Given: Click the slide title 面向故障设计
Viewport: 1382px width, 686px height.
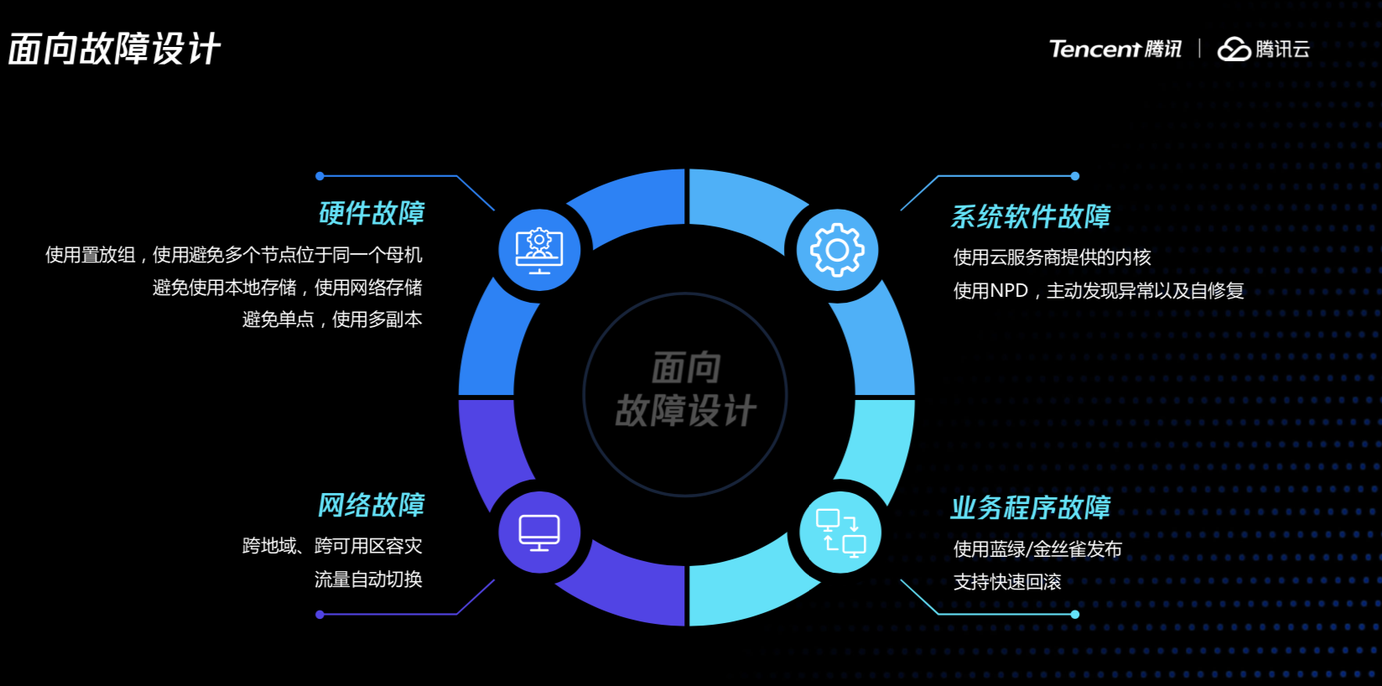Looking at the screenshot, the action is coord(114,49).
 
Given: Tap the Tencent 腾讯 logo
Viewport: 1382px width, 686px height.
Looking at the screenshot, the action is coord(1114,49).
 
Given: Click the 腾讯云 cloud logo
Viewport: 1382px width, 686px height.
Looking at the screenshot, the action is coord(1263,49).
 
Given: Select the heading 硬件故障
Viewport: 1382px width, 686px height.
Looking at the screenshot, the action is coord(371,213).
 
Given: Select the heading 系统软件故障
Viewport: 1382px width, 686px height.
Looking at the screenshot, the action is coord(1030,216).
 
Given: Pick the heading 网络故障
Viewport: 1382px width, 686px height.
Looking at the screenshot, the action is coord(371,505).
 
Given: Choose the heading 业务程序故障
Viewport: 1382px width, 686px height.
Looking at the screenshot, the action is coord(1030,507).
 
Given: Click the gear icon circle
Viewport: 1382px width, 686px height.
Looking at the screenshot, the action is coord(836,250).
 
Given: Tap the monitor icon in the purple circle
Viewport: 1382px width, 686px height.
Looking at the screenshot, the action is coord(539,532).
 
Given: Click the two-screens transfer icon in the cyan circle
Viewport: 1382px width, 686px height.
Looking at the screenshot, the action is coord(840,533).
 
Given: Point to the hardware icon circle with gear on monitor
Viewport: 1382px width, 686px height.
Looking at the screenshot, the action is coord(539,250).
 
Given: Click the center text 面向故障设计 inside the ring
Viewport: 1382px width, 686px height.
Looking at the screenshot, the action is coord(686,390).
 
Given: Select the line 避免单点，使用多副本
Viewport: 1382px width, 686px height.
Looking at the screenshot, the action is coord(332,320).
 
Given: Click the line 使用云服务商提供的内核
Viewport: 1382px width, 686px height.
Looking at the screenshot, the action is coord(1052,257).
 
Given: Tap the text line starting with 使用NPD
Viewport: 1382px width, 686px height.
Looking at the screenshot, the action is coord(1098,291).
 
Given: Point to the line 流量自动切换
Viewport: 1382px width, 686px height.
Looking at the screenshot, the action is coord(368,579).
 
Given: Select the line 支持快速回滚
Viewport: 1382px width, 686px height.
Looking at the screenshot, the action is coord(1007,582).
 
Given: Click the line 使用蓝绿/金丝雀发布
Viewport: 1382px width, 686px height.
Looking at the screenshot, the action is coord(1037,549).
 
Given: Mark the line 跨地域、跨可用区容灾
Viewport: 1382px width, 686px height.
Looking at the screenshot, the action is coord(332,546).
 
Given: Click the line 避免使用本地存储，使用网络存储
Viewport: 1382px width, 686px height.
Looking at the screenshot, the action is coord(287,288).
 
